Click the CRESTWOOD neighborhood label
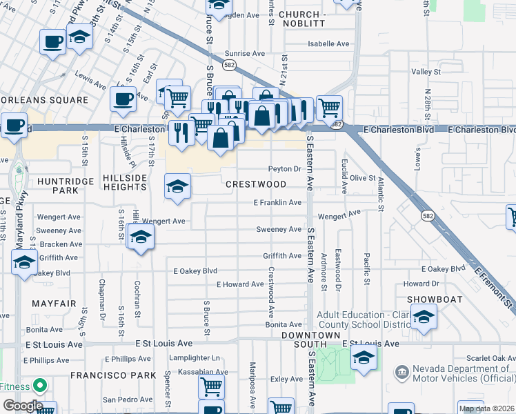(x=256, y=184)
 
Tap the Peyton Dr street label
(x=285, y=168)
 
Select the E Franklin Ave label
(x=277, y=202)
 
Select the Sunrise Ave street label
(x=245, y=53)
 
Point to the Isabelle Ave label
(x=329, y=43)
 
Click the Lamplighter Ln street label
(x=196, y=358)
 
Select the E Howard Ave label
(x=240, y=284)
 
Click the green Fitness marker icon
(x=40, y=385)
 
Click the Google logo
(x=23, y=406)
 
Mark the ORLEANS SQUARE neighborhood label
(x=45, y=100)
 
